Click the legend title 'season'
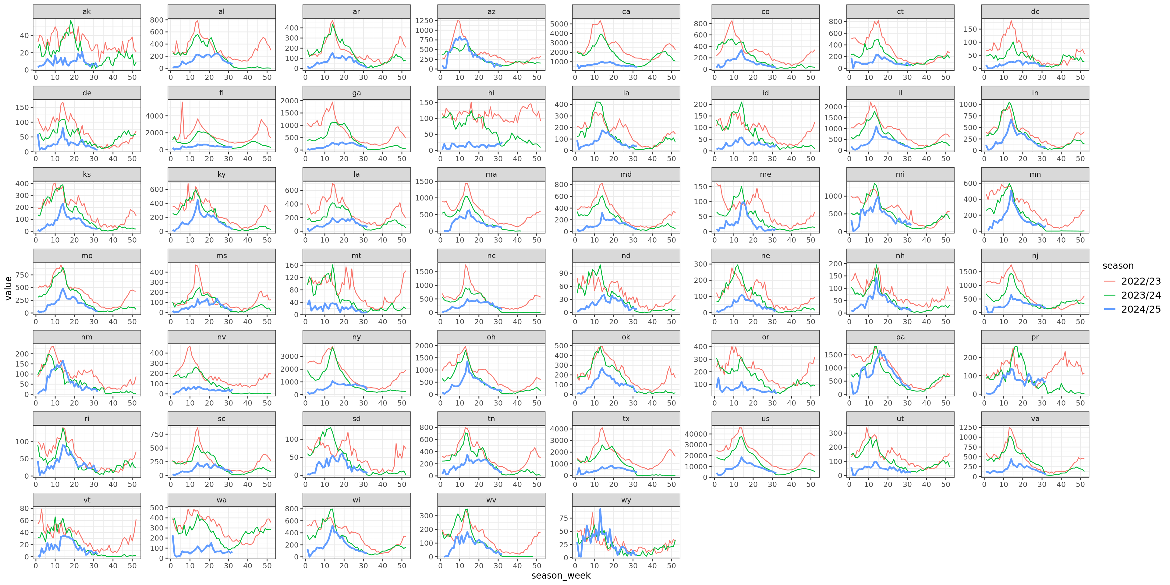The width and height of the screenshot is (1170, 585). (1118, 266)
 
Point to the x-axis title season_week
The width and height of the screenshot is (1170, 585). (561, 576)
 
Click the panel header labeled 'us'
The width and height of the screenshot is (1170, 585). (765, 419)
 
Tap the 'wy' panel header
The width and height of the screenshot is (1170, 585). (626, 500)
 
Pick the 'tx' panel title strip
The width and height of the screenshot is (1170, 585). (626, 419)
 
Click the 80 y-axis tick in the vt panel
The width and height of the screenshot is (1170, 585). (24, 509)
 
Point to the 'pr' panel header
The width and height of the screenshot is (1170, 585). (1035, 337)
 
